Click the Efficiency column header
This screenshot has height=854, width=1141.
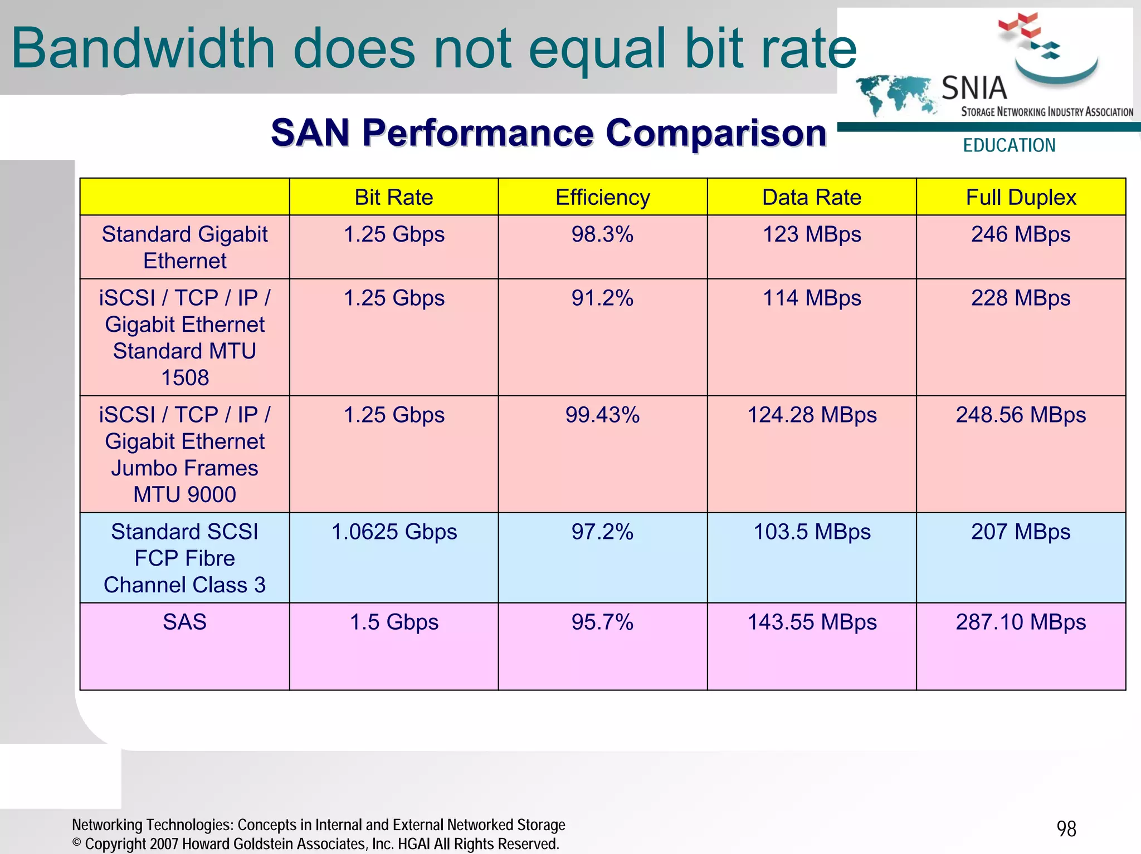tap(602, 198)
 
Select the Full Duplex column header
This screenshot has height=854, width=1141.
tap(1021, 198)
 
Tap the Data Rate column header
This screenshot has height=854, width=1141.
tap(812, 198)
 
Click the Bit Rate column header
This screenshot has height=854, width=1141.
tap(394, 198)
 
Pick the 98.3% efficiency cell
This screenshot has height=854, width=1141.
tap(602, 234)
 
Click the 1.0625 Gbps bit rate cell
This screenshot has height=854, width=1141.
tap(394, 532)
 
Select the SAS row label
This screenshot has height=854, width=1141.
tap(184, 622)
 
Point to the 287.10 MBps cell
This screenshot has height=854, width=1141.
tap(1021, 622)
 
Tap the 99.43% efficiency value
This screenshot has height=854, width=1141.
tap(602, 415)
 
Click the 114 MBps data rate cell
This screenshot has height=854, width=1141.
tap(812, 298)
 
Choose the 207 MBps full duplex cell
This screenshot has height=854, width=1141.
tap(1021, 532)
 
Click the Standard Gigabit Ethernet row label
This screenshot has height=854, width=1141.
tap(184, 247)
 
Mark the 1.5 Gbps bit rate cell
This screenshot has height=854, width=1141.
tap(394, 622)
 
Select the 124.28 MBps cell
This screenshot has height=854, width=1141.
tap(812, 415)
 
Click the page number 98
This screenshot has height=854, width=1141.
tap(1066, 829)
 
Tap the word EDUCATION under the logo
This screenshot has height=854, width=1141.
tap(1009, 145)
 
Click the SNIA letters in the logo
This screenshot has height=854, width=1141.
tap(974, 89)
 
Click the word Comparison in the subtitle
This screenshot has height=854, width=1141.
tap(716, 133)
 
